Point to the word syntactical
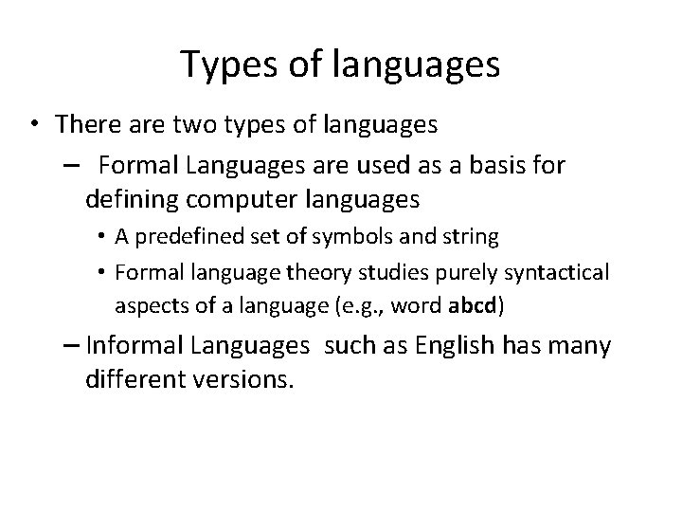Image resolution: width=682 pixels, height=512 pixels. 552,273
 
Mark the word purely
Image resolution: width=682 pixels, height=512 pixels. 463,273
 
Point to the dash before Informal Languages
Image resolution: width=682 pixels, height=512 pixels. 73,347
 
